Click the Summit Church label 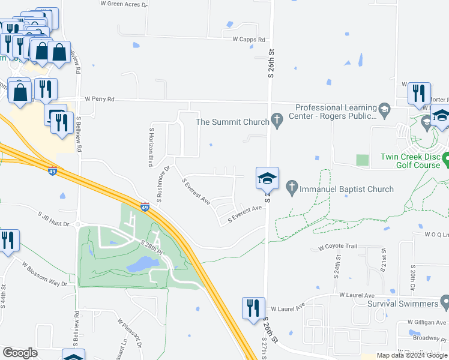pos(233,122)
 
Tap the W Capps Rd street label pos(249,39)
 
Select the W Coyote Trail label pos(337,247)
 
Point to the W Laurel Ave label pos(357,295)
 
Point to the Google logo pos(20,353)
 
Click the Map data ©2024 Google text pos(412,355)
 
